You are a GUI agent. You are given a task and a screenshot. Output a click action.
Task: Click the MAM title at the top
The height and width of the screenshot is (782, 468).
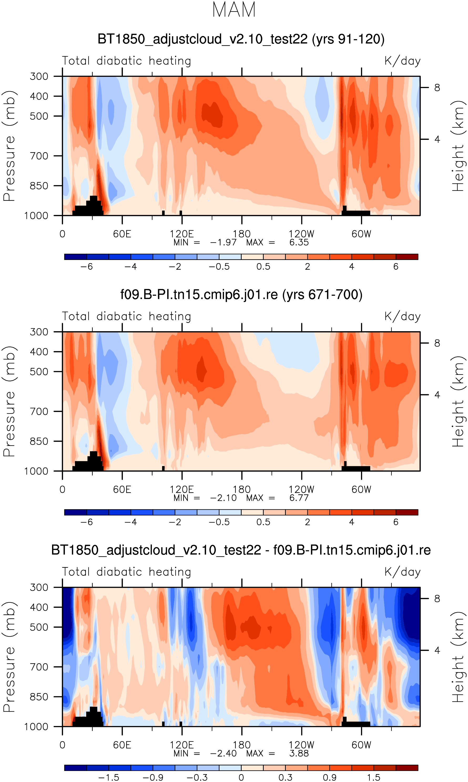(234, 10)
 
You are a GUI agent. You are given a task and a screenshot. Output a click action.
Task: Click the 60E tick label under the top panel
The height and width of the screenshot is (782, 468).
(122, 234)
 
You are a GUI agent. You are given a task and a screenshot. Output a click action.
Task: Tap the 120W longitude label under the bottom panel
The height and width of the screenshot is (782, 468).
(302, 745)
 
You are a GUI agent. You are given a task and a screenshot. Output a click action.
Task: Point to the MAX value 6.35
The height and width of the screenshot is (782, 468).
(299, 242)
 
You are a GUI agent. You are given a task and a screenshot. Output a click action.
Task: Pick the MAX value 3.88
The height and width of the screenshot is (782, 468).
(299, 753)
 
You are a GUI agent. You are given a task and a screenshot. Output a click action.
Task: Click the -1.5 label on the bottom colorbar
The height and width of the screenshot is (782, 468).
(109, 778)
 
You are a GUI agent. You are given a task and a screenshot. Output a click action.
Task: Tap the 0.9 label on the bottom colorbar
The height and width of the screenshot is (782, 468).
(329, 778)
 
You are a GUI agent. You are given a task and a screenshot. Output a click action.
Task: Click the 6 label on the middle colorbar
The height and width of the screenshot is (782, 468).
(396, 522)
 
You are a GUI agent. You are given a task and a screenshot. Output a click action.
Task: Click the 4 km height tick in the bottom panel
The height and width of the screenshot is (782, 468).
(437, 650)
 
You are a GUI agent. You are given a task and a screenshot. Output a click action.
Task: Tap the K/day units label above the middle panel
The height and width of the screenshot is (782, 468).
(403, 316)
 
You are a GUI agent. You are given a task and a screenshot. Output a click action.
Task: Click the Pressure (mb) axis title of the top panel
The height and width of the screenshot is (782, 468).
(9, 146)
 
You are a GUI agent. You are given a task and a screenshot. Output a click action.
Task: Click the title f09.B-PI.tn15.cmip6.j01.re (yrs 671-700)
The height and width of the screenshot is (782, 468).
(241, 295)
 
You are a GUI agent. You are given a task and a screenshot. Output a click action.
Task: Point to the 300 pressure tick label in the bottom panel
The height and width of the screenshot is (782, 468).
(39, 587)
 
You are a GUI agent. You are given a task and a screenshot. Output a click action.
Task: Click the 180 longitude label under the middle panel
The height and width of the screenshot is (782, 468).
(242, 490)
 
